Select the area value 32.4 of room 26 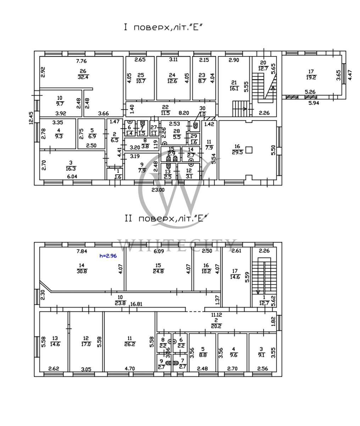(83, 77)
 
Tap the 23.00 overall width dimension (158, 190)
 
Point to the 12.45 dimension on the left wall (32, 118)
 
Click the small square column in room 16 (249, 150)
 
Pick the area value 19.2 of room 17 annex (311, 77)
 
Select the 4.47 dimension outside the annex (350, 76)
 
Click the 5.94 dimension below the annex (311, 103)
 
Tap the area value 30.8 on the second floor (82, 272)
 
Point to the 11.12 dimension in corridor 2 (217, 315)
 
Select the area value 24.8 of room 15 (158, 271)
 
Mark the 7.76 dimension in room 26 (82, 60)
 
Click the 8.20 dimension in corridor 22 (184, 113)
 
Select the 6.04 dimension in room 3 (72, 176)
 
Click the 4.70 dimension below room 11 (130, 369)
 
